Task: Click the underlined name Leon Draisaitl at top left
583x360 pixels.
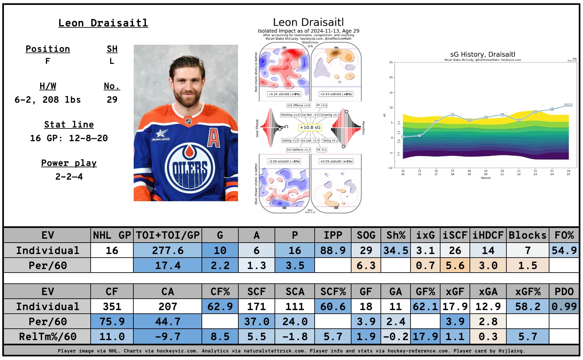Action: click(x=103, y=23)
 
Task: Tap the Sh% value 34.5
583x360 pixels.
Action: click(x=396, y=250)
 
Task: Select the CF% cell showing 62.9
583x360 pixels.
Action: click(x=220, y=307)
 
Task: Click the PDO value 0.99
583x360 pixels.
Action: click(x=564, y=307)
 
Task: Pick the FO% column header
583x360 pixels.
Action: click(x=564, y=235)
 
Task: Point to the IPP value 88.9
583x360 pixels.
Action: click(x=333, y=250)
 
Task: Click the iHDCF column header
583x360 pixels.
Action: click(x=488, y=235)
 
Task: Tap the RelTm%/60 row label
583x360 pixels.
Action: click(x=48, y=337)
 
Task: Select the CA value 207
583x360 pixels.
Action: click(x=168, y=307)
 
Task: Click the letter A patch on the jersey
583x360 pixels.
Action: click(x=214, y=138)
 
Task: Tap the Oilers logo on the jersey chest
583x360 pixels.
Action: click(x=190, y=167)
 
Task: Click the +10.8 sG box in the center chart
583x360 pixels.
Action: click(x=310, y=127)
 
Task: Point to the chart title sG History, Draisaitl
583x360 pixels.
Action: click(x=483, y=54)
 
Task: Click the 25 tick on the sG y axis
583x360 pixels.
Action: click(x=391, y=62)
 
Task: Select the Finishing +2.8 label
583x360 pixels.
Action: click(x=290, y=115)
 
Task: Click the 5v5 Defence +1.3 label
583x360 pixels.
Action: click(x=298, y=150)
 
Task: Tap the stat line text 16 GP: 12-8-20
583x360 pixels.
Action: click(x=69, y=138)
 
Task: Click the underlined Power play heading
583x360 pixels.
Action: click(x=69, y=163)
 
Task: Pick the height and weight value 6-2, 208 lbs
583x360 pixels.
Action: click(x=48, y=100)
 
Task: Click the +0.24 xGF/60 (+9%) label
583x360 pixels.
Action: click(x=284, y=94)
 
